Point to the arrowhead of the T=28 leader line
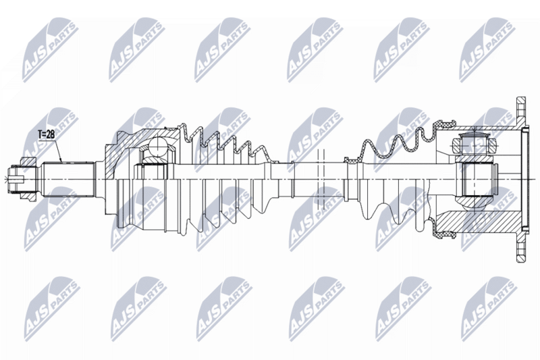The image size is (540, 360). point(61,162)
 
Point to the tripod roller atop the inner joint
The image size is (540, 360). point(475,144)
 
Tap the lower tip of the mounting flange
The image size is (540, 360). point(521,254)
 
